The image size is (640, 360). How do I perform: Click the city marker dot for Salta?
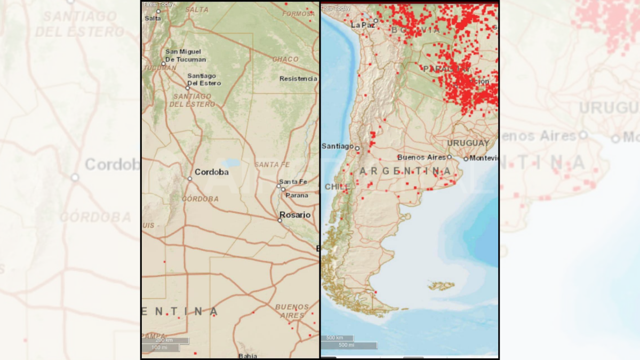coord(158,11)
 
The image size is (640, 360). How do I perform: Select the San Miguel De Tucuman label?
coord(185,55)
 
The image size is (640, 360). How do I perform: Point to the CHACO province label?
coord(285,59)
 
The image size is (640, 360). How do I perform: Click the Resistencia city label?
coord(298,79)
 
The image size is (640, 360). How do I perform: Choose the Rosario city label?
coord(295,215)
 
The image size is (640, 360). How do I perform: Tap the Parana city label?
coord(297,195)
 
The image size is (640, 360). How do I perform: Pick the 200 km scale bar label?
coord(164,340)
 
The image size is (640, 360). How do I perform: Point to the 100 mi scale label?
coord(159,348)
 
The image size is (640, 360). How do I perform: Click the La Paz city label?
coord(363,25)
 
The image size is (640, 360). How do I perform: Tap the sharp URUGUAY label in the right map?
coord(468,143)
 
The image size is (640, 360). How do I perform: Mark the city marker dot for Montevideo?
coord(466,158)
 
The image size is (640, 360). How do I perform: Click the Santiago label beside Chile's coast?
coord(337,146)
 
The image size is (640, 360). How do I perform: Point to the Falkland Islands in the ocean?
coord(441,286)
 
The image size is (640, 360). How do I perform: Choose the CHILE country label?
coord(335,187)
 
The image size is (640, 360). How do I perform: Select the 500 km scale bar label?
coord(334,338)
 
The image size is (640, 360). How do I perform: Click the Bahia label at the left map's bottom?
coord(247,356)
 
